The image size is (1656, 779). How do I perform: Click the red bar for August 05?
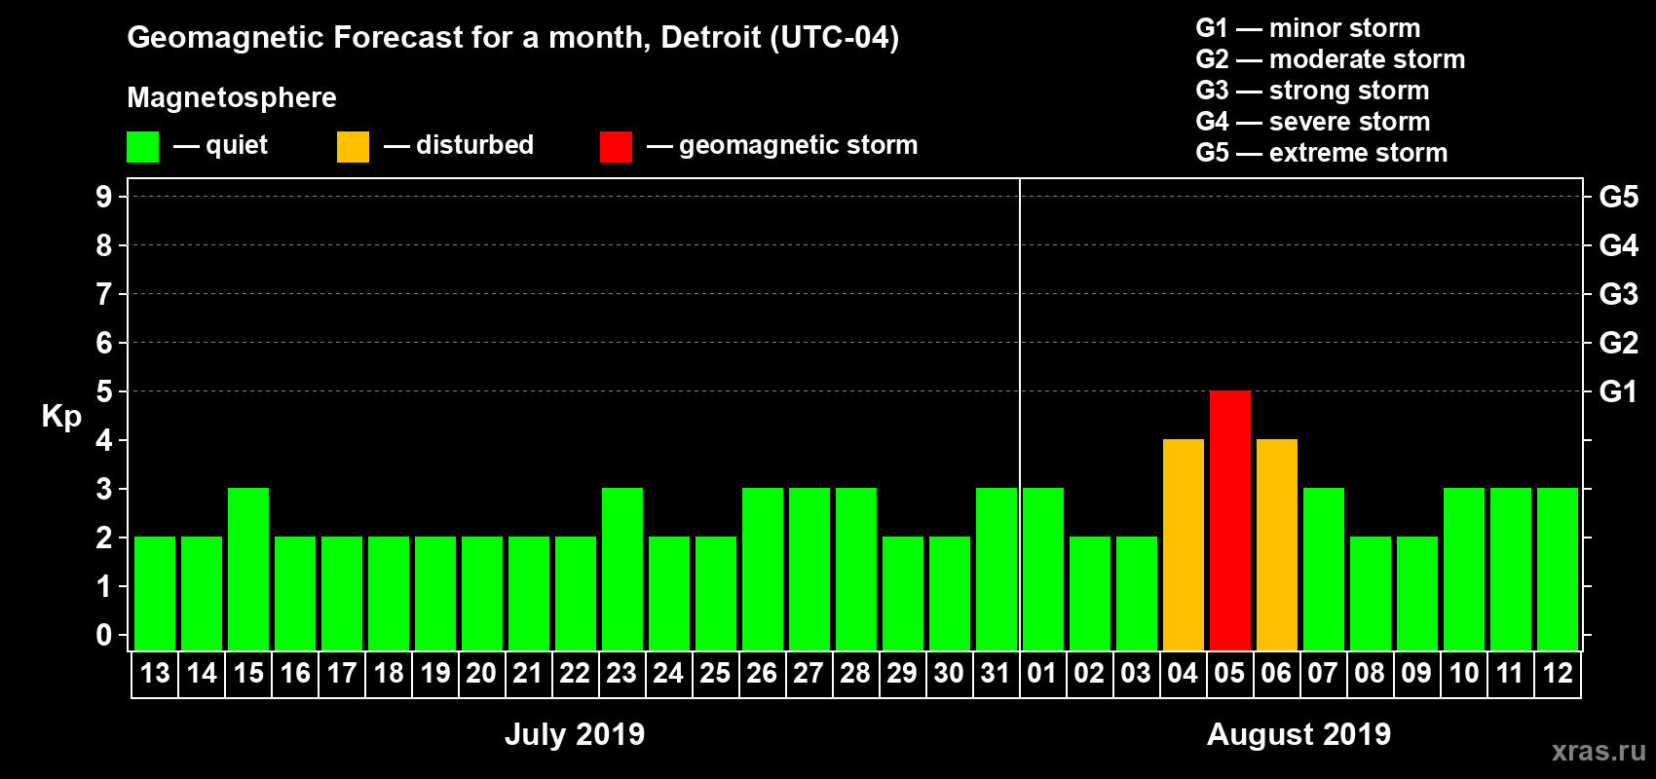(x=1229, y=520)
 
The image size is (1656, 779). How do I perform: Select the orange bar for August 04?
(x=1183, y=544)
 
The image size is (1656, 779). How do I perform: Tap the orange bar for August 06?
(x=1276, y=544)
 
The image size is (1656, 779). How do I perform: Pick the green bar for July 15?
(x=248, y=569)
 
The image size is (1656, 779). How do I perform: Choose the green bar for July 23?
(x=622, y=569)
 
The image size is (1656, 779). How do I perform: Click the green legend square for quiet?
(x=143, y=147)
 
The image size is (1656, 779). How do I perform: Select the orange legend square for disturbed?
(x=353, y=147)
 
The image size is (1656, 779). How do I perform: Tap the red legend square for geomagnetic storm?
(x=616, y=147)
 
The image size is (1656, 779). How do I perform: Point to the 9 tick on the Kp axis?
(x=104, y=197)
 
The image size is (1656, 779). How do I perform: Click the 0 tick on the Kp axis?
(x=104, y=635)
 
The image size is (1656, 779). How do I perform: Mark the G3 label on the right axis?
(x=1618, y=294)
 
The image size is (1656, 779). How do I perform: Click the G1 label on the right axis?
(x=1618, y=391)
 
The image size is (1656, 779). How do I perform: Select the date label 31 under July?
(x=996, y=673)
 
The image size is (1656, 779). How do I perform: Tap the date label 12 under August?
(x=1557, y=673)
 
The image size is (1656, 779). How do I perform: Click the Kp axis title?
(x=61, y=417)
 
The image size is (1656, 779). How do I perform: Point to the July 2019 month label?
(x=575, y=734)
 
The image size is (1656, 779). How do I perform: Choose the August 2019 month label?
(x=1298, y=734)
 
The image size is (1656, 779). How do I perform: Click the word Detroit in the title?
(x=711, y=38)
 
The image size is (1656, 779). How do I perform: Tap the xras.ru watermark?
(x=1598, y=751)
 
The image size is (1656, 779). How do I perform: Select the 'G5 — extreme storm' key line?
(x=1321, y=153)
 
